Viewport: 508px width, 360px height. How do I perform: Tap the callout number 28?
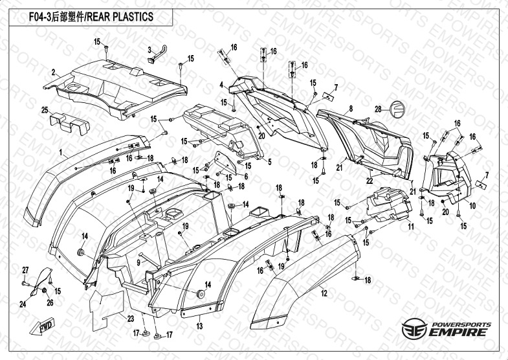point(380,109)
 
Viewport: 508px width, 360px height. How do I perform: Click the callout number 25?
point(45,109)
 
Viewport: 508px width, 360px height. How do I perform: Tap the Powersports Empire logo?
point(445,330)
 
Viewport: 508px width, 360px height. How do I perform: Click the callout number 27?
point(26,269)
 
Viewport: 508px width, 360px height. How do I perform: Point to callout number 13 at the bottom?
point(200,325)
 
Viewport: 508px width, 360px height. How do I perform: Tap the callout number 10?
point(473,206)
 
